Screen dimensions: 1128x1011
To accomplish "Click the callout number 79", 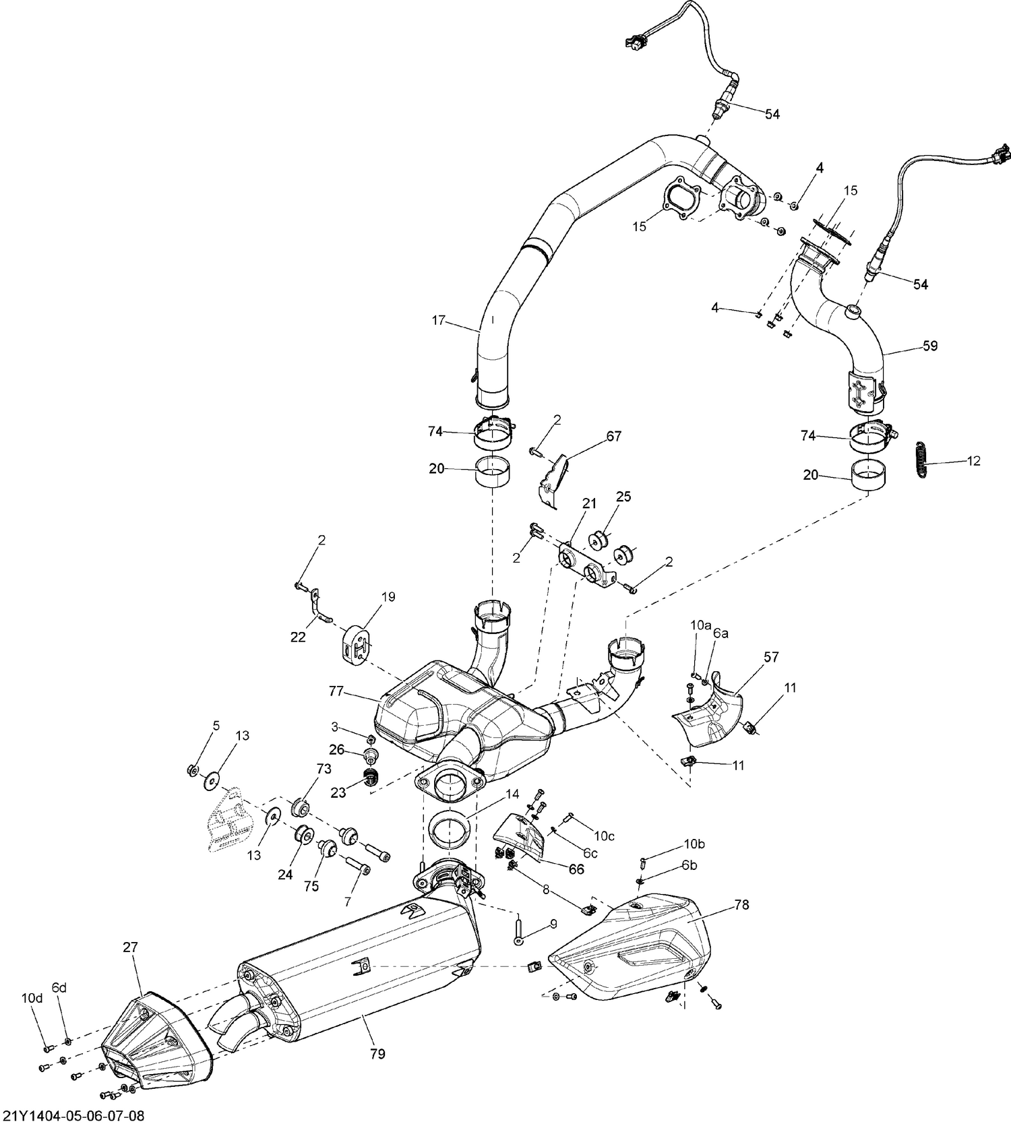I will click(377, 1053).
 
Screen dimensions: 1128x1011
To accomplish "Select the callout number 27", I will click(130, 947).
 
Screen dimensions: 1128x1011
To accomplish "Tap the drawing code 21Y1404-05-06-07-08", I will click(73, 1116).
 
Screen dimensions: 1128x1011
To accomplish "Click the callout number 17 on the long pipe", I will click(439, 320).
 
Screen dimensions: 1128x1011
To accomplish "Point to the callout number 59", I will click(930, 346).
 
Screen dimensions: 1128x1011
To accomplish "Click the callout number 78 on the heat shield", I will click(741, 904).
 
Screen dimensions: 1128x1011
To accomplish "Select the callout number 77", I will click(338, 691).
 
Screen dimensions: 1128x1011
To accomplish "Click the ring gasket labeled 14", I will click(450, 833).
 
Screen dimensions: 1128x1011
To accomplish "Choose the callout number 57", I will click(771, 656).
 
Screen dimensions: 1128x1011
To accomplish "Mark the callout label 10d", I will click(31, 999).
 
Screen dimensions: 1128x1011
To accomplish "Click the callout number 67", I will click(613, 437).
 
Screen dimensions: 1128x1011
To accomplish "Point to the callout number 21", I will click(590, 503).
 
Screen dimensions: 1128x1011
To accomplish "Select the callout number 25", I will click(623, 497).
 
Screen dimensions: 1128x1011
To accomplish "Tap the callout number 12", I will click(973, 461).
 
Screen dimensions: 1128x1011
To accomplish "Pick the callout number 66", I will click(576, 869).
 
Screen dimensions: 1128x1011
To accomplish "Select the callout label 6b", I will click(689, 865).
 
